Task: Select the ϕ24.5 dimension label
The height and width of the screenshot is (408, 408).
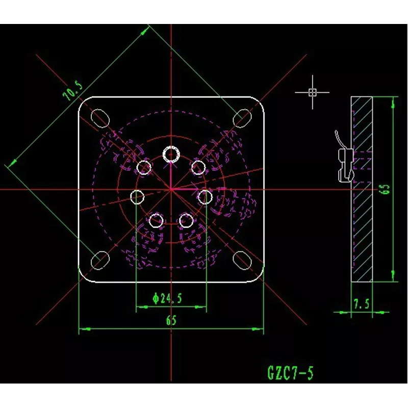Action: click(x=167, y=298)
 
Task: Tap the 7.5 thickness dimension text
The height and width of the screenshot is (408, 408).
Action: click(x=361, y=303)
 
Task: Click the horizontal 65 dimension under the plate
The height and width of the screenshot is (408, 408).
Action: click(x=171, y=320)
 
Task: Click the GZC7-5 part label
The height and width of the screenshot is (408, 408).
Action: click(x=290, y=373)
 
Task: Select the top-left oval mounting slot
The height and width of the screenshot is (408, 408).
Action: click(x=100, y=118)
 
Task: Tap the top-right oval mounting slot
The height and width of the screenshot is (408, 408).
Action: click(x=242, y=118)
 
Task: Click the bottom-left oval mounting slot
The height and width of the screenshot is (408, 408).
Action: click(x=100, y=261)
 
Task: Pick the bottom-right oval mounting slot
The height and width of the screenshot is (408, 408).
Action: click(x=242, y=261)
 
